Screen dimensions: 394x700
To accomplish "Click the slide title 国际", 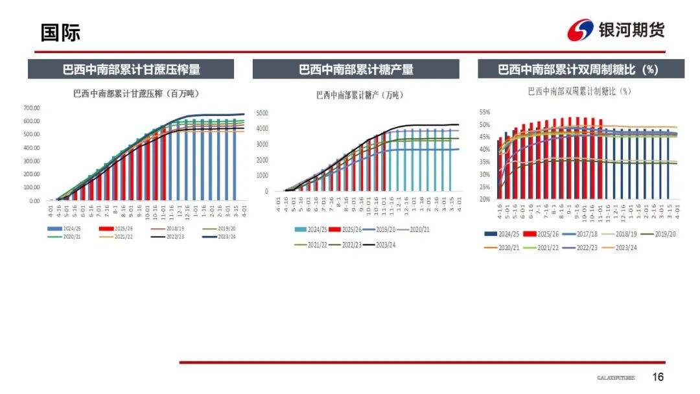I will coord(60,32).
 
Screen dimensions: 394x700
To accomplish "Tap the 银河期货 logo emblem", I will coord(580,30).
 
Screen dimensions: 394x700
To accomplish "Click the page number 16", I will coord(658,377).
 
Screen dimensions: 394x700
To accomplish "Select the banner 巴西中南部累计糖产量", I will coord(356,69).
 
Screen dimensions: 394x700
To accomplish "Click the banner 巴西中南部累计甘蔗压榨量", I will coord(131,69).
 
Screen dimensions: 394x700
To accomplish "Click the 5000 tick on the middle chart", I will coord(262,113).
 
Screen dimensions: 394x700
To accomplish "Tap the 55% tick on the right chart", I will coord(484,112).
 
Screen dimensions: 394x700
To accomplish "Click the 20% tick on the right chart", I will coord(484,199).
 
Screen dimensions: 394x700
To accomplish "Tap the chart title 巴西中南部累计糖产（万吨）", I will coord(359,95).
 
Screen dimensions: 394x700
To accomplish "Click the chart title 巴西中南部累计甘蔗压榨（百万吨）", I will coord(135,93).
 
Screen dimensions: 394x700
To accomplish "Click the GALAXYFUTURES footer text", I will coord(616,378).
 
